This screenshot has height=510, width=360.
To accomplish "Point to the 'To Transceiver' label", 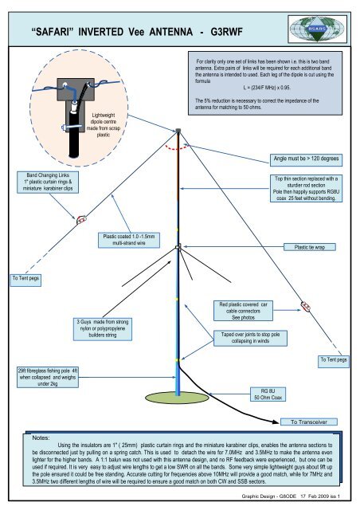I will click(x=315, y=420).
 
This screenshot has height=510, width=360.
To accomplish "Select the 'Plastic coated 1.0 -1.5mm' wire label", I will click(x=130, y=239).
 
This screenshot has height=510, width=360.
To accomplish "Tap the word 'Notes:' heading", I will click(x=43, y=437).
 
